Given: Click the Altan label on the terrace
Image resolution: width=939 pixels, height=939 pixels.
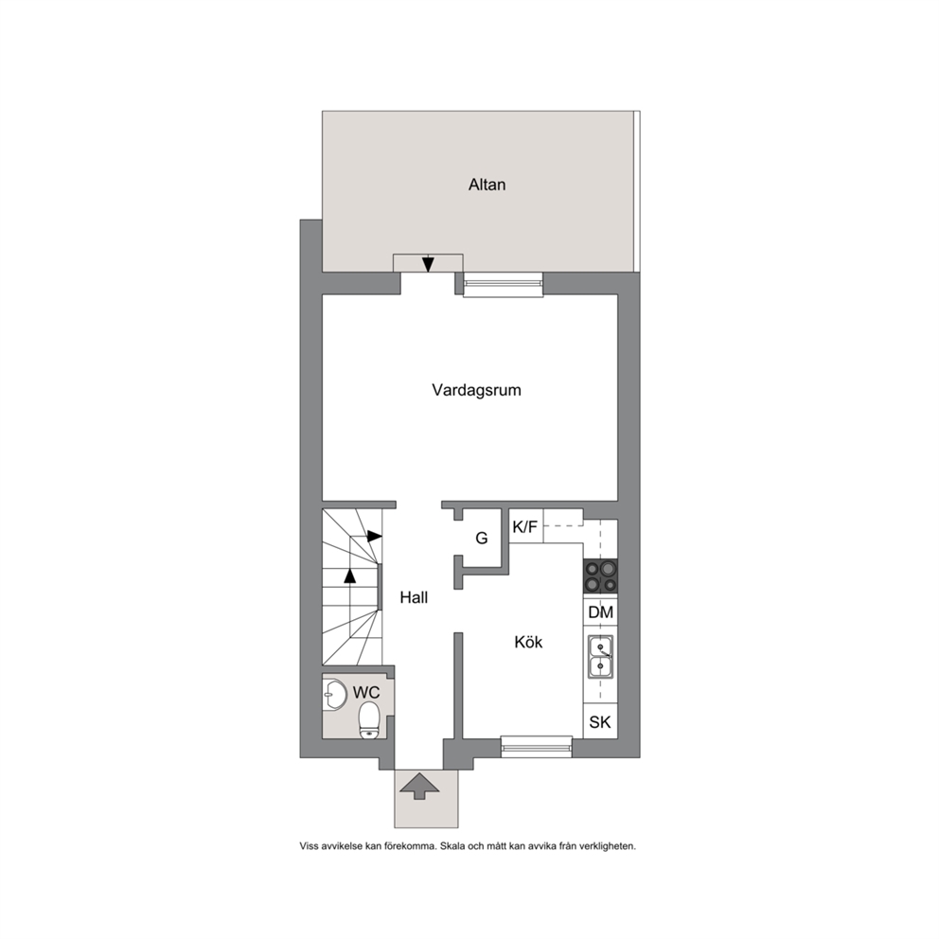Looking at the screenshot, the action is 487,185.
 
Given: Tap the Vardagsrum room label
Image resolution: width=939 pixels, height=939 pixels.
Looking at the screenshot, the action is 477,390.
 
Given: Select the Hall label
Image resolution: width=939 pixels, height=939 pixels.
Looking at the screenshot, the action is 414,597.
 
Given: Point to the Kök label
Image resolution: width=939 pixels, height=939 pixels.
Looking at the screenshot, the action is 528,642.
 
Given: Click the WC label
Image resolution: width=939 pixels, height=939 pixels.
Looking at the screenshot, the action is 366,692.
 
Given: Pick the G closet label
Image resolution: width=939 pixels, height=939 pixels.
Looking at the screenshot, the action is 482,538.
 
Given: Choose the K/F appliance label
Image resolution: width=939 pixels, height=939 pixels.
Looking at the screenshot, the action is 525,527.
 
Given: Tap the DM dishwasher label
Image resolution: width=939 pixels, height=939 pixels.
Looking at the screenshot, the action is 601,612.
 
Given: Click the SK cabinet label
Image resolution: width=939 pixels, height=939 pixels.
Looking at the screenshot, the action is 600,722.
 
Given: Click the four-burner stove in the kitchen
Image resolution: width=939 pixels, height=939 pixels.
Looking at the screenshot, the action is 601,576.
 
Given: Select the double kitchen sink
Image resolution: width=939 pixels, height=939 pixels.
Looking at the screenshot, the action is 600,657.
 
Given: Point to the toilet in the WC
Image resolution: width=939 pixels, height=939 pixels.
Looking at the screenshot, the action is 369,720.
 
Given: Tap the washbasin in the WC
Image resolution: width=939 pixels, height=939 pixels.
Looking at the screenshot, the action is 334,695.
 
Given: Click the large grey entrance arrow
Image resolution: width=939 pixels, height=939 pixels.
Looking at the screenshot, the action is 419,786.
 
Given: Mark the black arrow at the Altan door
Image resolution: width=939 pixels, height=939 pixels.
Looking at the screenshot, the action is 428,264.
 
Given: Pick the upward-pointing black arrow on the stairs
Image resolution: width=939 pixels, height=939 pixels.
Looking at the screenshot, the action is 350,576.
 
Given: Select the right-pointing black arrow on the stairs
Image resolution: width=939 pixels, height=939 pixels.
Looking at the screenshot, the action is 374,536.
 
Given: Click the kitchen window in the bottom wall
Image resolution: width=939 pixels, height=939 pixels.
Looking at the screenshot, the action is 537,748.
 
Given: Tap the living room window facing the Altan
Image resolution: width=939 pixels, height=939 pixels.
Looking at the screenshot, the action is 503,284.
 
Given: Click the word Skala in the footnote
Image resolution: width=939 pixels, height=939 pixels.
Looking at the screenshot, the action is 452,846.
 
